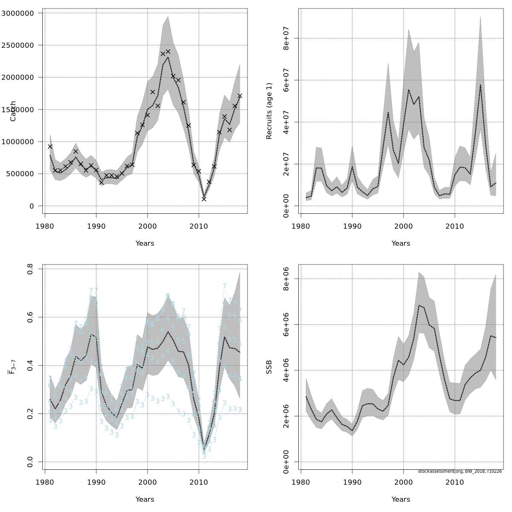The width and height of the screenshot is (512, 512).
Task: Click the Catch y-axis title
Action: (x=13, y=111)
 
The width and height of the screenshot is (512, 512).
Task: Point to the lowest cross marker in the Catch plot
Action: (x=204, y=199)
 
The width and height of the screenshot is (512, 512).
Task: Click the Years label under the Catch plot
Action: (x=145, y=244)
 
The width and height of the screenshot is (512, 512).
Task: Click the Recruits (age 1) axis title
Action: (x=269, y=111)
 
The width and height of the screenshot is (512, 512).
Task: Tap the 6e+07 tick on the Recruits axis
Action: (x=286, y=80)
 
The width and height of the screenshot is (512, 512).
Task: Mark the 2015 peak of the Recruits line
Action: (x=480, y=84)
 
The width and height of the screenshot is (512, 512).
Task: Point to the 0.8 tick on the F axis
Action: (x=30, y=269)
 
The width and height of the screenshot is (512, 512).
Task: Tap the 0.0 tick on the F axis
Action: (x=30, y=462)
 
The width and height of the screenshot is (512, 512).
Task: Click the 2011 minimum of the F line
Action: (x=204, y=447)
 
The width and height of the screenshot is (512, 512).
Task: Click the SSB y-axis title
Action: (x=269, y=367)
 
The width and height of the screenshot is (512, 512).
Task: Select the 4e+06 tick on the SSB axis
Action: (x=286, y=370)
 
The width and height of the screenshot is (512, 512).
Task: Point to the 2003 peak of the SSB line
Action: (x=419, y=305)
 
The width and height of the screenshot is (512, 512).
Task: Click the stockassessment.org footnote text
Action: (x=460, y=471)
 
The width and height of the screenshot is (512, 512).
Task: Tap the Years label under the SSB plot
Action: (x=401, y=500)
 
